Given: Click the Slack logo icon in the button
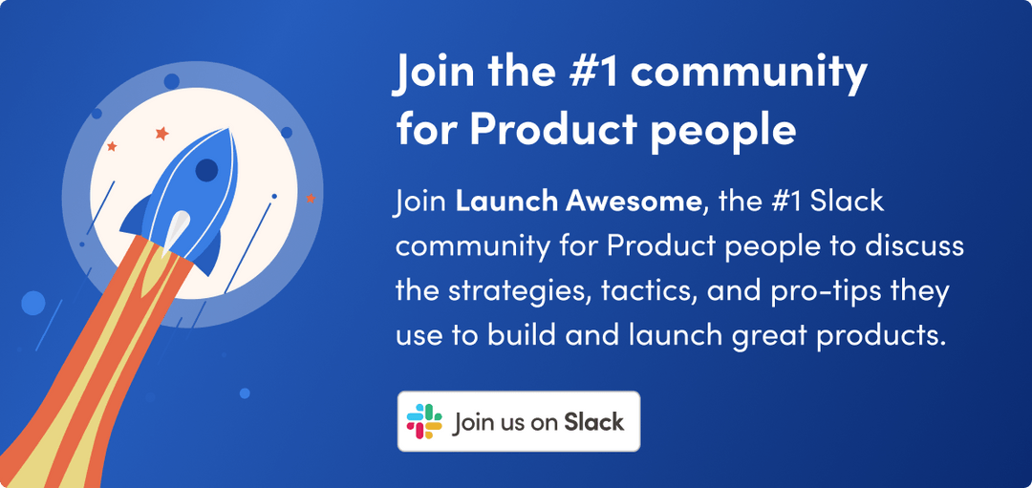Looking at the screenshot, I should pos(424,421).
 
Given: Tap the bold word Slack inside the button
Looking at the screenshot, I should pos(593,421).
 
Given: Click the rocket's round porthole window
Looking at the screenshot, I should pos(206,171).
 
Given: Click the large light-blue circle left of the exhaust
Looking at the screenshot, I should pos(33,303).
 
